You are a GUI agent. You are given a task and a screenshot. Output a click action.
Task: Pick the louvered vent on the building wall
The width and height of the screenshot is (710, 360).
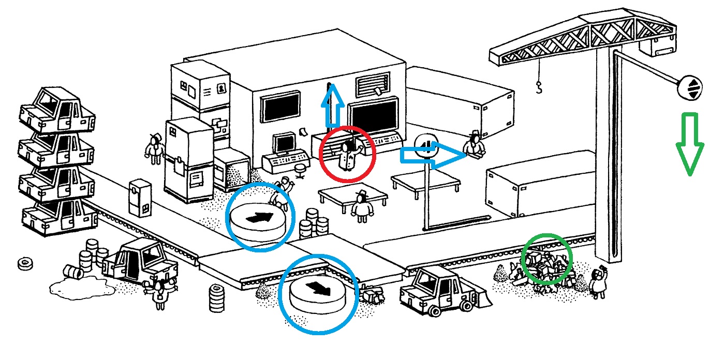pos(372,83)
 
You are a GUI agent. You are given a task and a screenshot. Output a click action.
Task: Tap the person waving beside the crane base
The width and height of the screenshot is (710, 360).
pos(599,282)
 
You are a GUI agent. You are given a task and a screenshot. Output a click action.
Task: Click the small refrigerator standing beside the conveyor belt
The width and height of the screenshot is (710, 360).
pos(140,197)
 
